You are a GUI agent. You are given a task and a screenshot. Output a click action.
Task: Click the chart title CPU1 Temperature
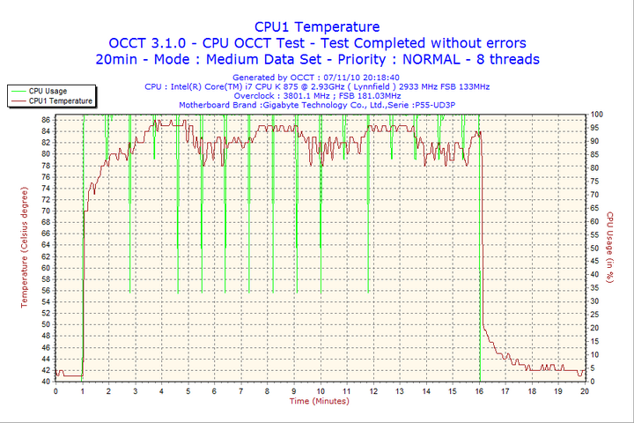point(317,26)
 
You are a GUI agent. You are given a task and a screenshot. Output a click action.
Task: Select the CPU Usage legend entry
point(48,91)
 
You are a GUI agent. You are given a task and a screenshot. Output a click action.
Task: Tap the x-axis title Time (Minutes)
point(319,401)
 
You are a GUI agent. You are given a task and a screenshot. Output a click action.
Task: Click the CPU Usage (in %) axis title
point(609,247)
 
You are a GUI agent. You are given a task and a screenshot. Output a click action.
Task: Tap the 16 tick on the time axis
point(480,390)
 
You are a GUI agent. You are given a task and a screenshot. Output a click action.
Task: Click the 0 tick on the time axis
point(56,390)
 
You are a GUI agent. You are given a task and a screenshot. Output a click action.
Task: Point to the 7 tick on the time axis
point(241,390)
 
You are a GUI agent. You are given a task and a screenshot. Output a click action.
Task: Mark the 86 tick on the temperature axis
point(46,119)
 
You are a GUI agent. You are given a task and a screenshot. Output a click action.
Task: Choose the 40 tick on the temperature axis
point(46,382)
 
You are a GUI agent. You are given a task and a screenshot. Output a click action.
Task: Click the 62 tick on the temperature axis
point(46,256)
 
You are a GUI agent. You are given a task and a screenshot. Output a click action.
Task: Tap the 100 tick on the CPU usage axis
point(596,115)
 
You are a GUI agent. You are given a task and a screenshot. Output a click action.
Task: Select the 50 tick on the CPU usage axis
point(594,248)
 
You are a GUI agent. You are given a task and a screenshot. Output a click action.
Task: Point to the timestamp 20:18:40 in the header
point(376,78)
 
